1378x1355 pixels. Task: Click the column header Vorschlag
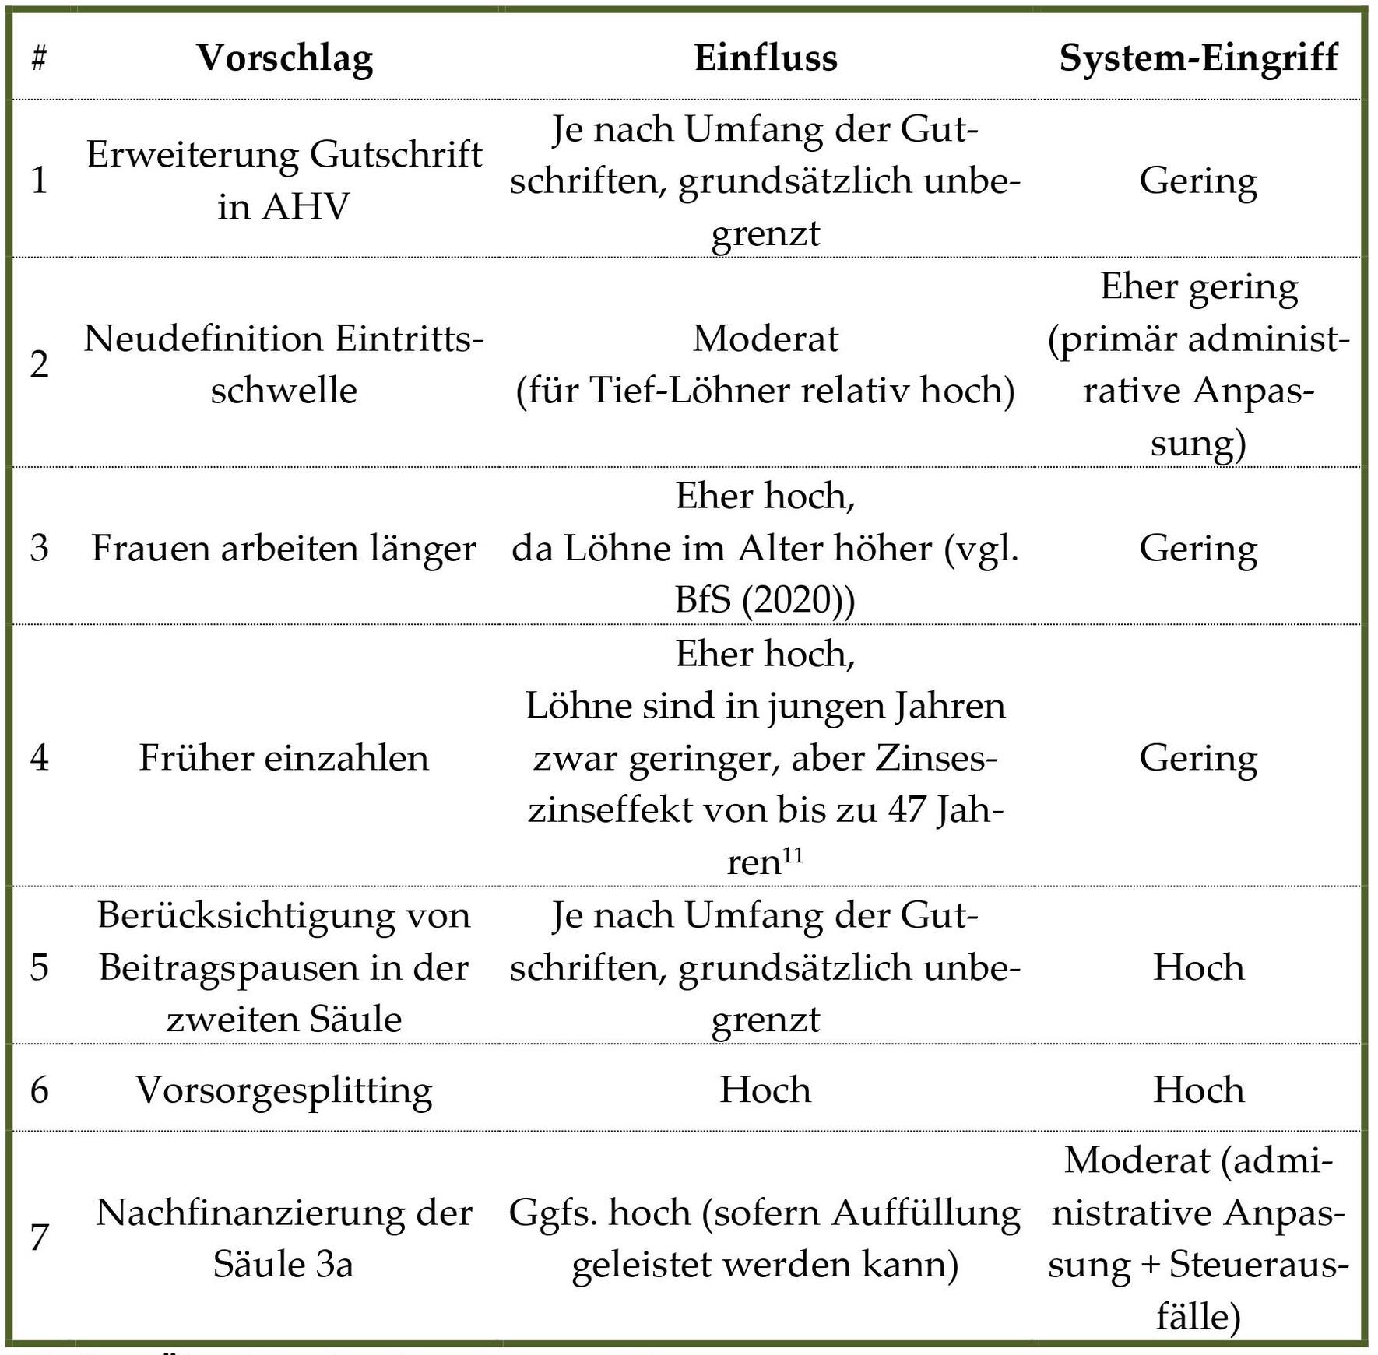point(284,58)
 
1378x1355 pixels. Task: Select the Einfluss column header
point(765,58)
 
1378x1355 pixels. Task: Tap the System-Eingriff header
point(1198,58)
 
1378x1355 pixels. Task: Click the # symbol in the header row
point(39,59)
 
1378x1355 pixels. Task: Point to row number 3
point(39,548)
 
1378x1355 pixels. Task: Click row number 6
point(39,1090)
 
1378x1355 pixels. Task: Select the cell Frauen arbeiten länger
point(283,548)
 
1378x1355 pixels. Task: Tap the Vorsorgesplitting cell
point(283,1090)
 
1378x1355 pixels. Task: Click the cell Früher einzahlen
point(283,757)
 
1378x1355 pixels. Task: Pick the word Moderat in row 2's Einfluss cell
point(765,339)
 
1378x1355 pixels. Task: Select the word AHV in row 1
point(306,206)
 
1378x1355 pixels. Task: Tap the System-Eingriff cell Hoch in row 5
point(1198,967)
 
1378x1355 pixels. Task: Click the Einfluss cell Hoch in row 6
point(765,1090)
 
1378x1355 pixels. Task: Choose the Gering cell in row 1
point(1198,181)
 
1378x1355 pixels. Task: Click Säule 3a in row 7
point(283,1264)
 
